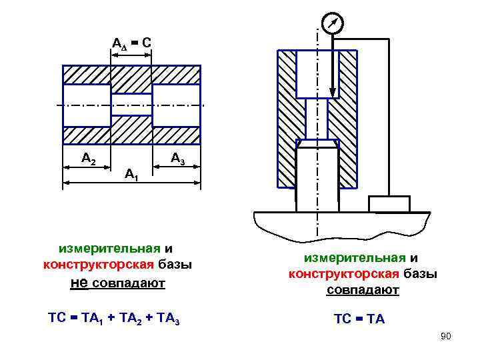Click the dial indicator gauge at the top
pos(331,25)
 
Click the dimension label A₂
pos(89,159)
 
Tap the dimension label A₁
pos(131,175)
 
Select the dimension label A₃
pos(177,159)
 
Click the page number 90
pos(446,336)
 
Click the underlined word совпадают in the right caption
pos(363,290)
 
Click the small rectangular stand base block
pos(389,203)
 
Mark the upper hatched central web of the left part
pos(131,80)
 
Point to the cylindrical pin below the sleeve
pos(317,180)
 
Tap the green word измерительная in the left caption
pos(109,249)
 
